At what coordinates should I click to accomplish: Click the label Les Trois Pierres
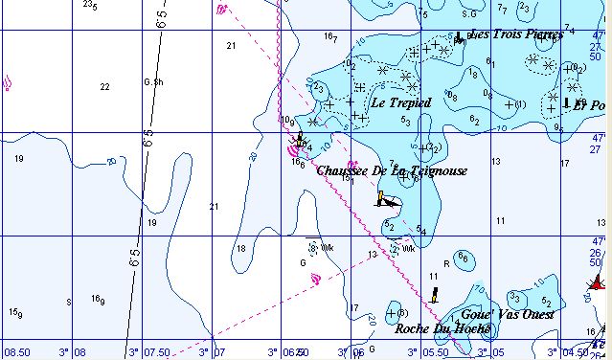click(516, 35)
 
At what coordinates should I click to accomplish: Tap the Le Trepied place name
click(401, 102)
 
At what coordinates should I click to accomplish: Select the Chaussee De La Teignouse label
click(392, 170)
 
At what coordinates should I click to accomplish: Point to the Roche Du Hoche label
click(443, 328)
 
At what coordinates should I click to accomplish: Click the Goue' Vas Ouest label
click(508, 314)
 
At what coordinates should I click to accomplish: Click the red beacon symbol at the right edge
click(599, 282)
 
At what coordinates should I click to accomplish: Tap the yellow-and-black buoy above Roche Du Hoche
click(434, 293)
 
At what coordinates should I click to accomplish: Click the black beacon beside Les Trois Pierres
click(458, 37)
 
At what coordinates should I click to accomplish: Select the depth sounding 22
click(104, 87)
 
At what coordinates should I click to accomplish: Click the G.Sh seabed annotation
click(150, 82)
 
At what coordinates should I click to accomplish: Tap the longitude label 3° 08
click(80, 351)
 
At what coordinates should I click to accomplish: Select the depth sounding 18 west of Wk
click(241, 248)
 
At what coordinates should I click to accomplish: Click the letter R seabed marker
click(445, 263)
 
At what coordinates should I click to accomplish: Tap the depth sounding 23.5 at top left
click(90, 6)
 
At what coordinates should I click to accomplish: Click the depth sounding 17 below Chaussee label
click(354, 308)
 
